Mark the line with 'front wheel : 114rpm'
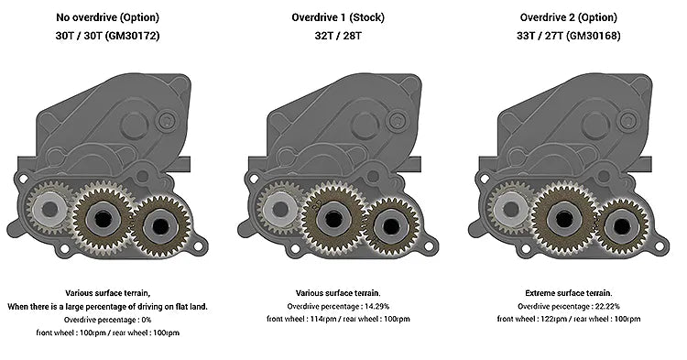pyautogui.click(x=342, y=319)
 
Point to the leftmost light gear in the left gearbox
pyautogui.click(x=47, y=210)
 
